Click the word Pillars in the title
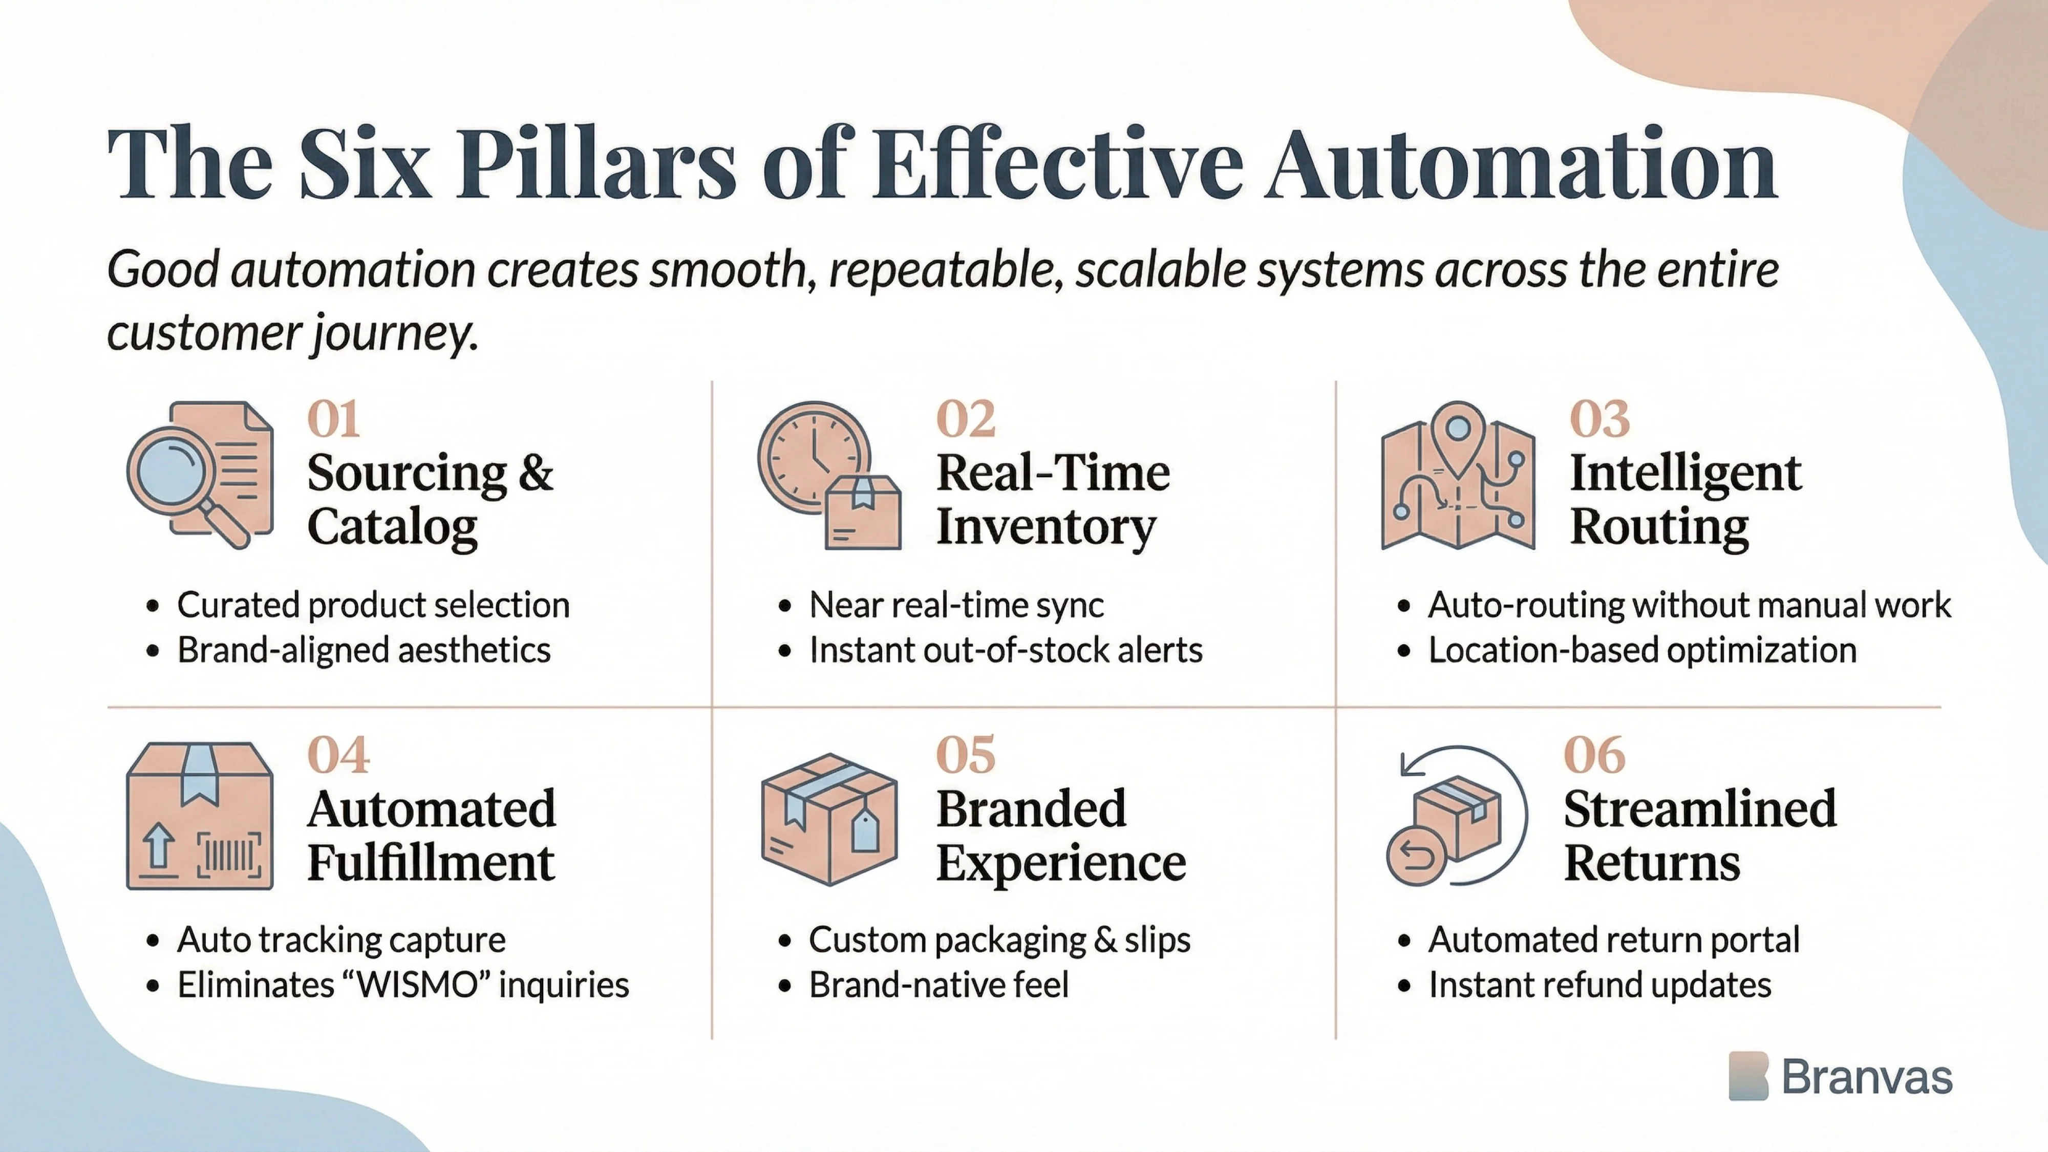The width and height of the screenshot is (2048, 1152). click(x=596, y=164)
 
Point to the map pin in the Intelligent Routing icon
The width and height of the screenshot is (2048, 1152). click(x=1457, y=430)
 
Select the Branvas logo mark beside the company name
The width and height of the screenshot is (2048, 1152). click(x=1747, y=1076)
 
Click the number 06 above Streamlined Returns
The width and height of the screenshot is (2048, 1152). click(x=1594, y=755)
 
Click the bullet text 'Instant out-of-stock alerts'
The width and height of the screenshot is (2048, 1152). click(x=1006, y=650)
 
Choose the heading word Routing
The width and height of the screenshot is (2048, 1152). click(x=1659, y=526)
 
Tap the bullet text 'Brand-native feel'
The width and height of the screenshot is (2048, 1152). click(x=938, y=985)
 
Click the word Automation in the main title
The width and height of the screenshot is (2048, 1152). click(x=1520, y=164)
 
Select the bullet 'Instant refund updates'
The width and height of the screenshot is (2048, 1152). click(x=1599, y=985)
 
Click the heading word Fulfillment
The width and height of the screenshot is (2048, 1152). click(x=431, y=863)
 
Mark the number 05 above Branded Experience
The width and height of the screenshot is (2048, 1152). click(x=965, y=755)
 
